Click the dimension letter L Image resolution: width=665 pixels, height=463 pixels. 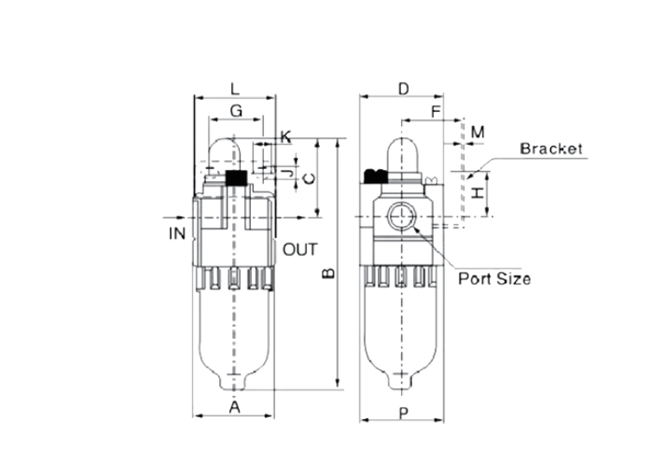tap(235, 88)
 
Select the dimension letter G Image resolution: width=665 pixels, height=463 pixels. tap(235, 111)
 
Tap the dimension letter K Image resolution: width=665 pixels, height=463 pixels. tap(285, 135)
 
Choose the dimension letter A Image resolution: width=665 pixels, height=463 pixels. tap(234, 407)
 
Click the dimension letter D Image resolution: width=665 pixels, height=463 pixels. tap(403, 88)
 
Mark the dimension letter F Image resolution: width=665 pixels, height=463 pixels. tap(435, 112)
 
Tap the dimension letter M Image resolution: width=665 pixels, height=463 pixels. tap(477, 132)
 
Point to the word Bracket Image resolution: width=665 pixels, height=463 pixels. tap(550, 148)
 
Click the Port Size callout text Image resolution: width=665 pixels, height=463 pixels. tap(493, 278)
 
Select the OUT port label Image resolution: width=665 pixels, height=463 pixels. tap(300, 250)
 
